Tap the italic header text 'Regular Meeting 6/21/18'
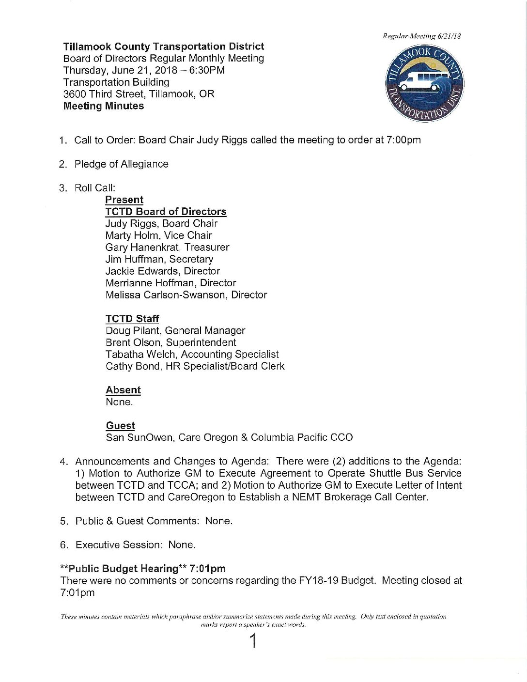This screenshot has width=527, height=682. (x=421, y=36)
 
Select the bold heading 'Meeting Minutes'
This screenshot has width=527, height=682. (x=103, y=106)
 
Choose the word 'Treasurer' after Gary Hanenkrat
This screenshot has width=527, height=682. (x=207, y=248)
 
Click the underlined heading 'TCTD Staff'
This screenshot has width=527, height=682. (x=132, y=319)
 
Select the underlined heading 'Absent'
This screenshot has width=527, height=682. (x=123, y=390)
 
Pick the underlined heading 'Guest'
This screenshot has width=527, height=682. (x=120, y=426)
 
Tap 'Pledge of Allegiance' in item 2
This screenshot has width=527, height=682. (x=121, y=164)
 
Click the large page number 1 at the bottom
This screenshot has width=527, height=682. (x=252, y=641)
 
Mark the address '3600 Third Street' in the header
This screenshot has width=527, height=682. (x=103, y=94)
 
